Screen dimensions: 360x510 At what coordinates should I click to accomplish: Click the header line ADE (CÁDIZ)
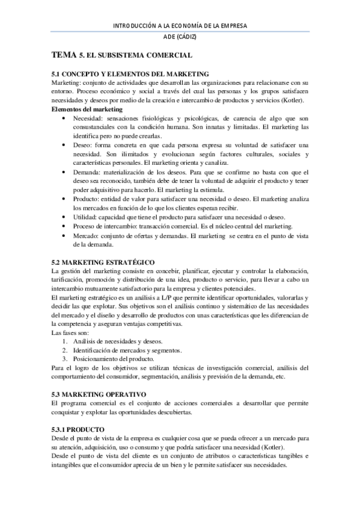coord(180,37)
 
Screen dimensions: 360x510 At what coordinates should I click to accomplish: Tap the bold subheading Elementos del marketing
coord(87,109)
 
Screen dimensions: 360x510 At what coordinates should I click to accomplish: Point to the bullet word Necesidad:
coord(88,119)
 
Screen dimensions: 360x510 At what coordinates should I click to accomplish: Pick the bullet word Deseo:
coord(83,146)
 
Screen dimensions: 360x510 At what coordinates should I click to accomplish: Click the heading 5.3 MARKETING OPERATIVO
coord(99,394)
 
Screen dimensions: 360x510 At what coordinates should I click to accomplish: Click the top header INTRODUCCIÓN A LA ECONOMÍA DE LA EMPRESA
coord(180,25)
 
